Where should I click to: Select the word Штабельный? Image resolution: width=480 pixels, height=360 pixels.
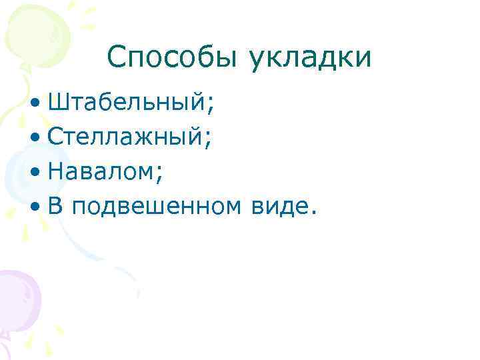126,103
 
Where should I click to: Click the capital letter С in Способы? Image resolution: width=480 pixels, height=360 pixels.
116,58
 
